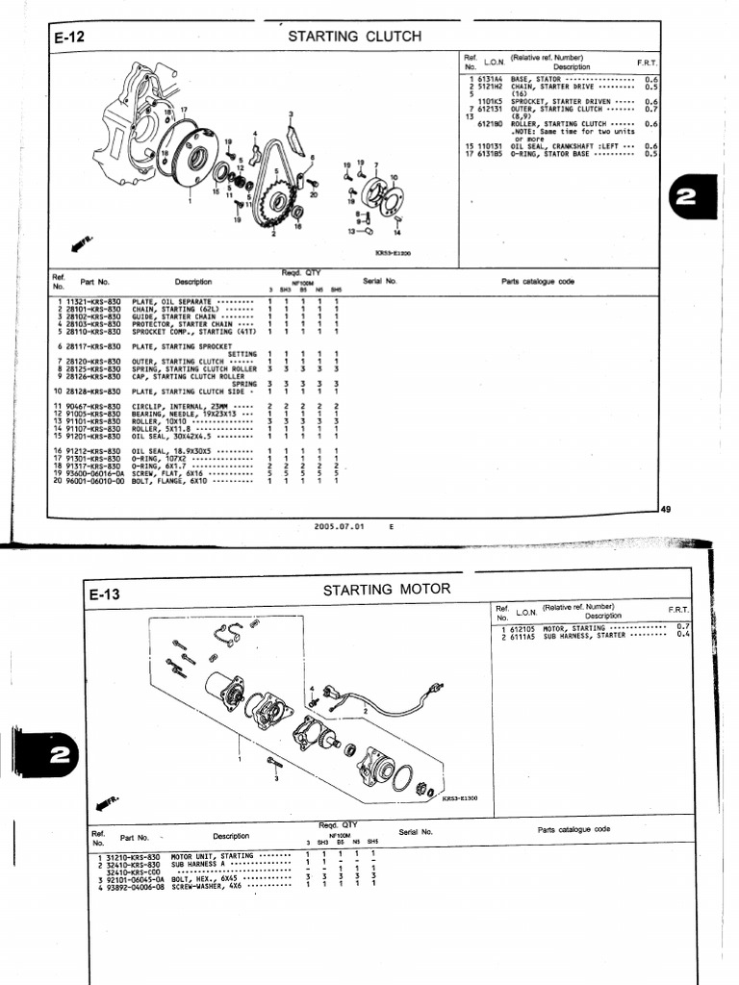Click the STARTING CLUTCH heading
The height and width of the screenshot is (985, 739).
pyautogui.click(x=355, y=37)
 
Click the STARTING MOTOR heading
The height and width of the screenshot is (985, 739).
pyautogui.click(x=386, y=589)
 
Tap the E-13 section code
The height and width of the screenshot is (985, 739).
pyautogui.click(x=105, y=594)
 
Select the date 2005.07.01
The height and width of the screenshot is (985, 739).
pyautogui.click(x=337, y=526)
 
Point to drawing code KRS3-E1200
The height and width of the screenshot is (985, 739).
pyautogui.click(x=393, y=254)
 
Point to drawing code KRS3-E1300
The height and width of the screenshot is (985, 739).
pyautogui.click(x=463, y=797)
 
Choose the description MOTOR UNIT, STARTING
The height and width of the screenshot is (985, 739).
pyautogui.click(x=212, y=855)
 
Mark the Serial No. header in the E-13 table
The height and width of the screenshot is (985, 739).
pyautogui.click(x=416, y=831)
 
